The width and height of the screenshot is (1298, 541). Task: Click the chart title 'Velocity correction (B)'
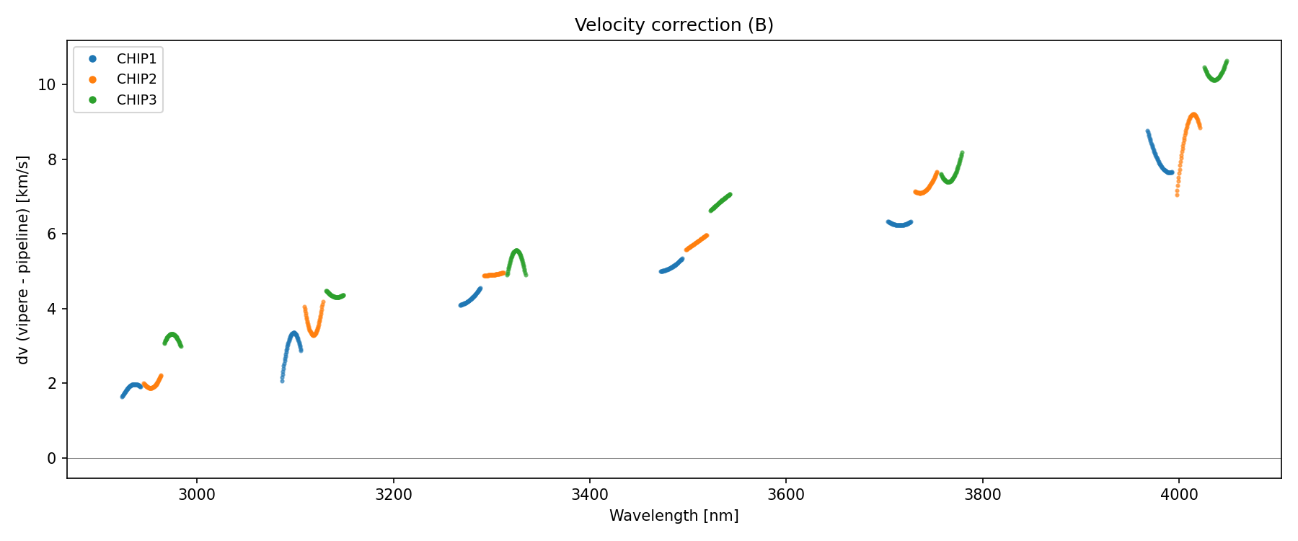[x=674, y=25]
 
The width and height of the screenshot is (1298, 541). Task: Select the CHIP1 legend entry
[x=136, y=58]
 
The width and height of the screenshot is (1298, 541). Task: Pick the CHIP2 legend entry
[x=136, y=79]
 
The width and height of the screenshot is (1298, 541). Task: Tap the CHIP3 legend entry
[x=136, y=100]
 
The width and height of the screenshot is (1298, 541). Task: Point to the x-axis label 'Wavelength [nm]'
[x=674, y=516]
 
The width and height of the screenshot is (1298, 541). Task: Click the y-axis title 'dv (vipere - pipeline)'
[x=23, y=260]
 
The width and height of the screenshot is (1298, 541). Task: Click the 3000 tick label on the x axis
[x=197, y=494]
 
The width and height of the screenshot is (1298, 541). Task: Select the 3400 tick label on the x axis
[x=589, y=494]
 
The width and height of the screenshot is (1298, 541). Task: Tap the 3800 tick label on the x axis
[x=982, y=494]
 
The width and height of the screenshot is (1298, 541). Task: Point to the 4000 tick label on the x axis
[x=1178, y=494]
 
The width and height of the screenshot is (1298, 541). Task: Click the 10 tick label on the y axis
[x=46, y=84]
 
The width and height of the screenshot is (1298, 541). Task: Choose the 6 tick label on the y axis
[x=50, y=234]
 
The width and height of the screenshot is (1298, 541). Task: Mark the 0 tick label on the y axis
[x=50, y=458]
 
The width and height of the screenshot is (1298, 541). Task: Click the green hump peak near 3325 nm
[x=516, y=250]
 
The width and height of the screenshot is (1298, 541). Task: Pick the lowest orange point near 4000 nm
[x=1177, y=195]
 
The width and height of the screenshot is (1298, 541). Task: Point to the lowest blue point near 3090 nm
[x=282, y=380]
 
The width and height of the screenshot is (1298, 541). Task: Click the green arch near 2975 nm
[x=172, y=335]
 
